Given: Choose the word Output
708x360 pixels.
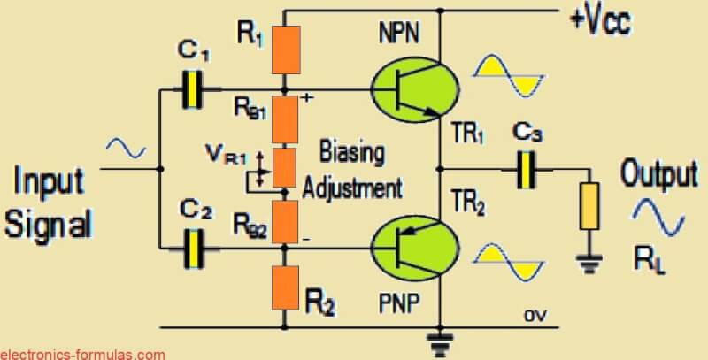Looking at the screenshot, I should pos(658,173).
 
